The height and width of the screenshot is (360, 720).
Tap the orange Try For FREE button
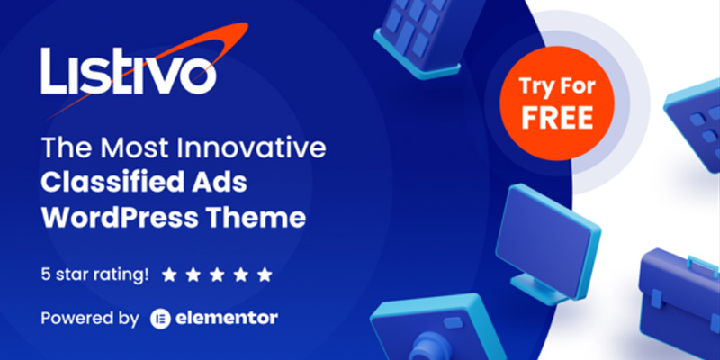[x=557, y=103]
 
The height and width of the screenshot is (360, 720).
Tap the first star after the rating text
[x=169, y=275]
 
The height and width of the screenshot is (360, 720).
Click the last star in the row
[x=265, y=275]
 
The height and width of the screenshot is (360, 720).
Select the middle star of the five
[x=217, y=275]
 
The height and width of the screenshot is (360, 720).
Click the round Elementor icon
[x=161, y=319]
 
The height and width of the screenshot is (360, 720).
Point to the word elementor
[x=227, y=318]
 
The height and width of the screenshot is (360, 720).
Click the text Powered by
[x=90, y=319]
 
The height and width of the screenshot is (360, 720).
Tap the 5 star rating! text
[x=94, y=274]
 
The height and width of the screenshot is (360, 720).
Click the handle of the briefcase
[x=703, y=265]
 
